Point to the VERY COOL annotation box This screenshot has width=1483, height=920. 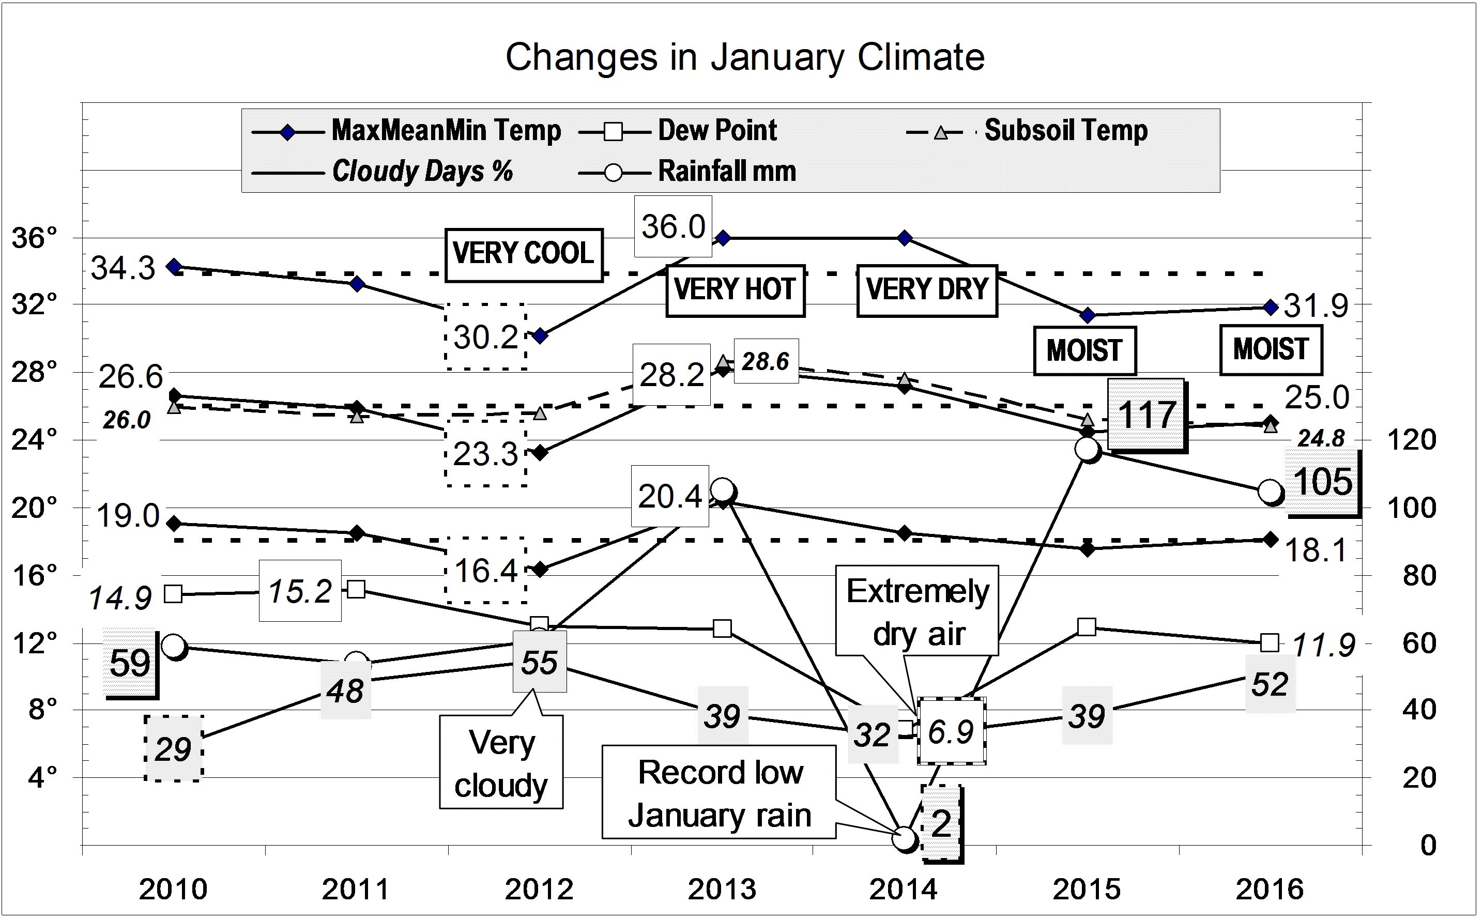click(523, 254)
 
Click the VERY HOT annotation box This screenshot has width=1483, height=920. click(735, 290)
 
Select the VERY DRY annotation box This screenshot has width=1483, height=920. click(926, 290)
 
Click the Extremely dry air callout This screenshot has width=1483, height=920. click(917, 611)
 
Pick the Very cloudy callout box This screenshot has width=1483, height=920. click(501, 762)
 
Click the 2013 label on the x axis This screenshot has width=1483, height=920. click(722, 889)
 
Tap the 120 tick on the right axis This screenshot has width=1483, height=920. click(1412, 439)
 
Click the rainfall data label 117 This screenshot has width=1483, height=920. click(1146, 416)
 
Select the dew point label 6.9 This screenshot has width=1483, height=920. click(951, 731)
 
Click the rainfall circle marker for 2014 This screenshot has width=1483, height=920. click(905, 838)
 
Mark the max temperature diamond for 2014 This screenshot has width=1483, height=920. click(905, 237)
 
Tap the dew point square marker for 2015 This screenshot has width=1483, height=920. click(1087, 627)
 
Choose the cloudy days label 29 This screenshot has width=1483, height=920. click(174, 748)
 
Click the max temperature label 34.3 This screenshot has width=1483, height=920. click(123, 268)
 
